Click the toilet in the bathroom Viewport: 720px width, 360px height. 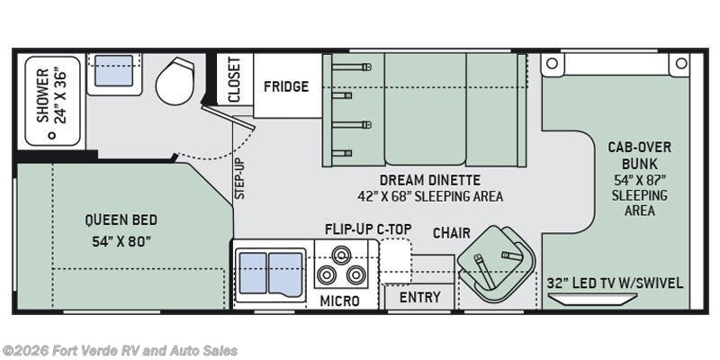click(x=175, y=81)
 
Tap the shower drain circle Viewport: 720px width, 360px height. click(x=52, y=136)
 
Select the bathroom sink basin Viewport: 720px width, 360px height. click(x=114, y=70)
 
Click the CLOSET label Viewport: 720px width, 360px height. click(x=234, y=79)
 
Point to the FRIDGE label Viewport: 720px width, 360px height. click(x=286, y=86)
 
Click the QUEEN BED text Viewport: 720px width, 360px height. click(x=121, y=220)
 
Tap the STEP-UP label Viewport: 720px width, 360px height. click(x=239, y=178)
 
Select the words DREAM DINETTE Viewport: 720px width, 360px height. click(x=430, y=179)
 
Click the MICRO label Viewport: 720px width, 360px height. click(x=340, y=301)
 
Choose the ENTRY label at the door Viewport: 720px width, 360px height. click(x=419, y=297)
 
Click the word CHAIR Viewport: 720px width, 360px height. click(x=452, y=233)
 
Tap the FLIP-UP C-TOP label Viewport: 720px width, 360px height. click(x=368, y=229)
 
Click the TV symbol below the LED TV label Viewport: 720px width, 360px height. click(x=592, y=299)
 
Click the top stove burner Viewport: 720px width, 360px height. click(x=340, y=254)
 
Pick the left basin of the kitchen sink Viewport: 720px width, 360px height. click(x=253, y=273)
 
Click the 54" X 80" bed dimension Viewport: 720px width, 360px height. click(x=121, y=241)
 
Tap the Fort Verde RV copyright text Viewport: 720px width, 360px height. click(x=120, y=351)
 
